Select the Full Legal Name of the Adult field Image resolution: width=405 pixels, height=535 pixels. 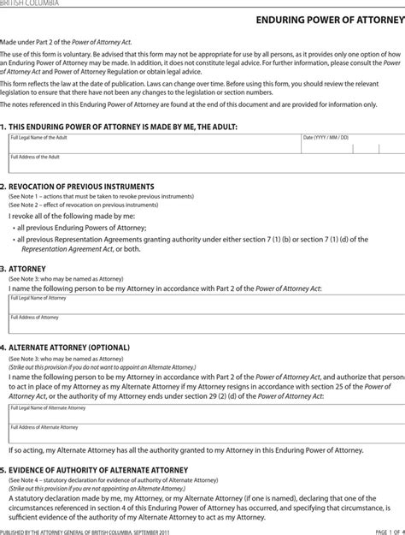154,143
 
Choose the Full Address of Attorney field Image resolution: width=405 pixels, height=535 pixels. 202,324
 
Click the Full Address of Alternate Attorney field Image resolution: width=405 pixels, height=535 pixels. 202,433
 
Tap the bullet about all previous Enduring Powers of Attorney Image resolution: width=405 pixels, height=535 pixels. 81,229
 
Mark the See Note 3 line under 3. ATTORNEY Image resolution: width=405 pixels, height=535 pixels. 67,279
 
